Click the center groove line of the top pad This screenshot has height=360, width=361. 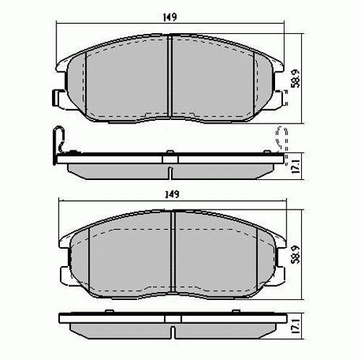tap(168, 76)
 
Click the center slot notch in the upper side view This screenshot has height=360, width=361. tap(168, 171)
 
